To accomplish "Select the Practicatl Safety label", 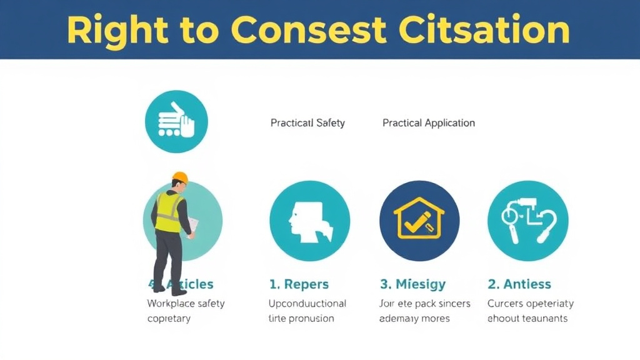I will point(307,123).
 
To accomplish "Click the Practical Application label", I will point(429,123).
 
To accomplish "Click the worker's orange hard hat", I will point(180,177).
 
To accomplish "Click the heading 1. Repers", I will point(299,284).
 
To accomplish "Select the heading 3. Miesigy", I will point(412,284).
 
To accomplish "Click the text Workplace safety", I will point(186,304).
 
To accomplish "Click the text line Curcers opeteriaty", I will point(530,304).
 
